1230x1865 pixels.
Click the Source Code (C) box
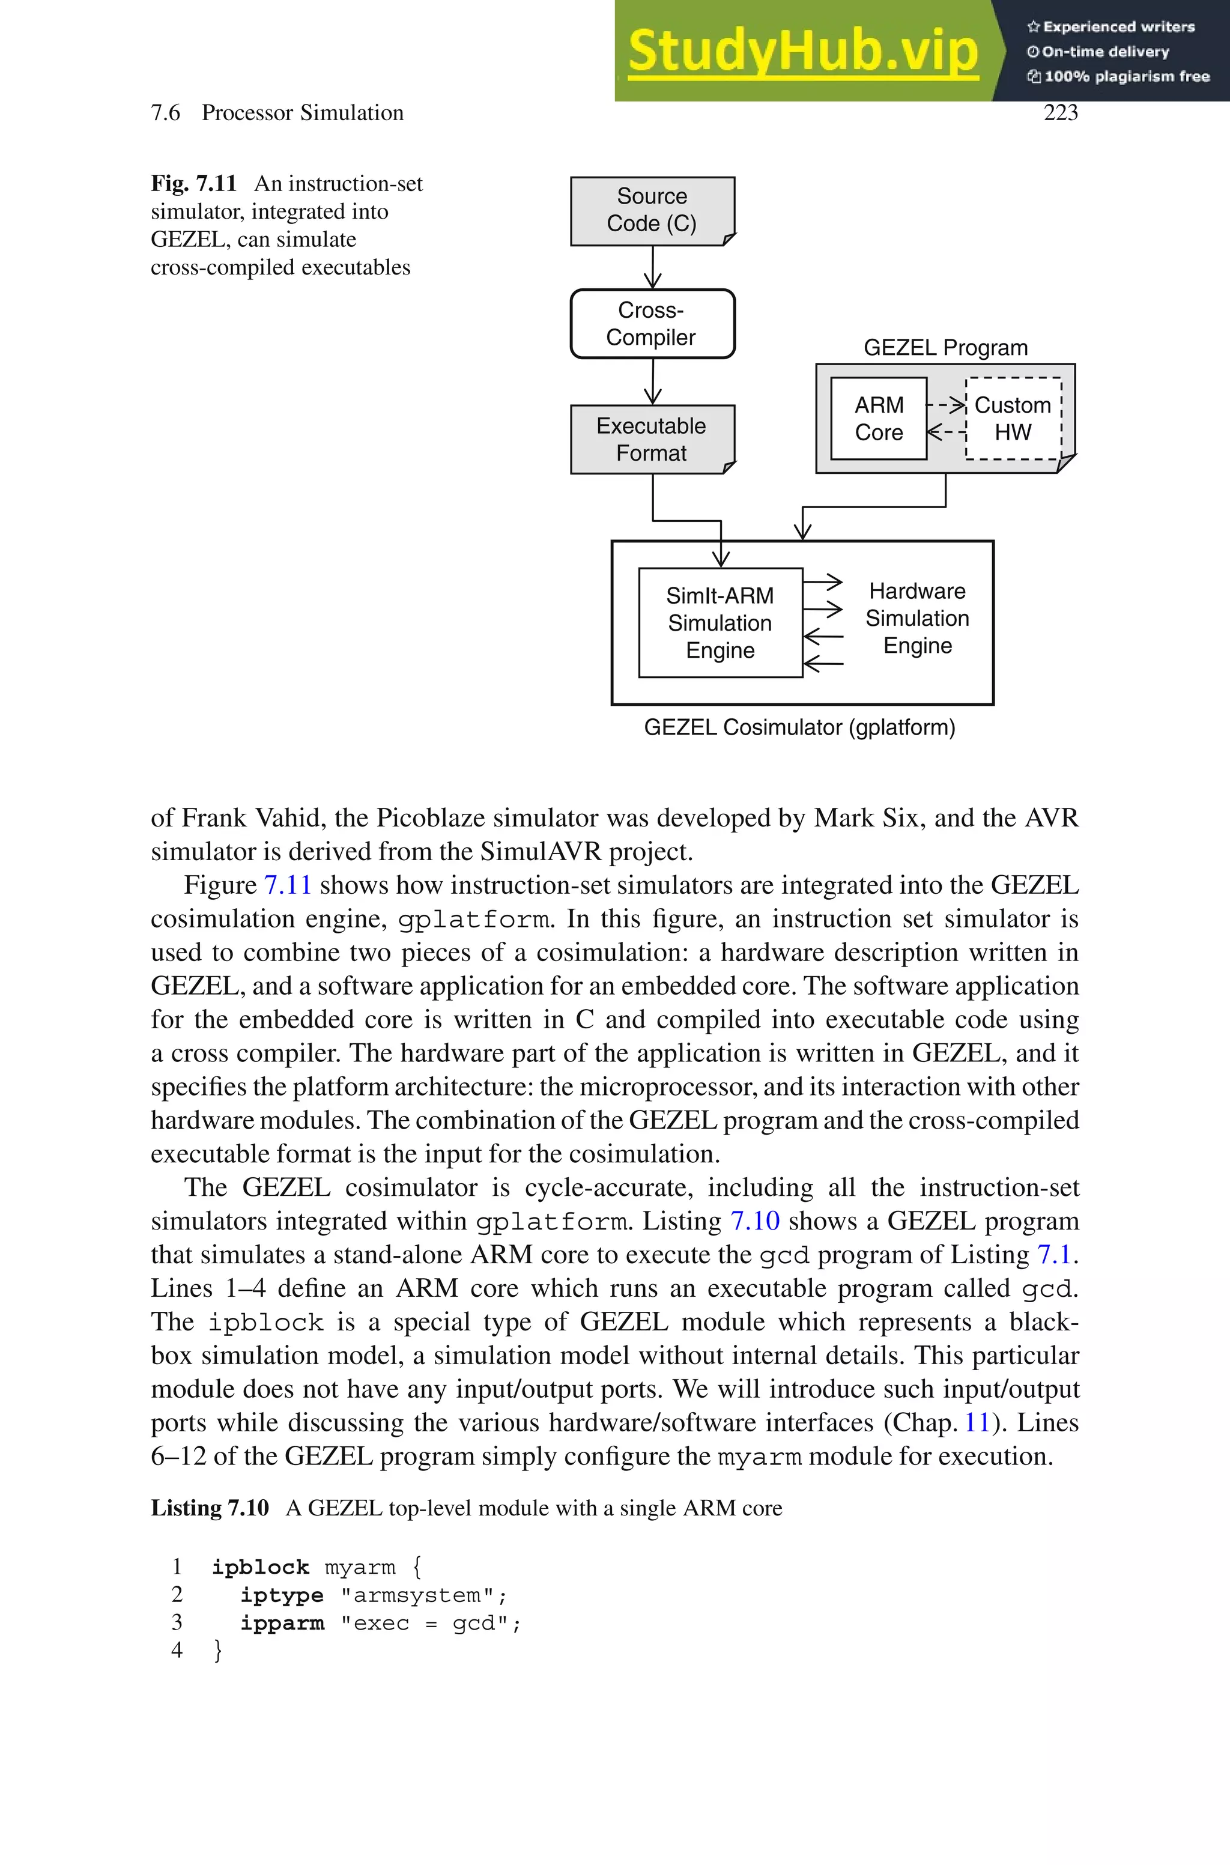tap(652, 210)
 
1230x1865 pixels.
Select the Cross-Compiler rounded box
tap(652, 324)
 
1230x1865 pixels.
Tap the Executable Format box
tap(652, 439)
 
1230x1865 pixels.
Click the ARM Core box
tap(879, 419)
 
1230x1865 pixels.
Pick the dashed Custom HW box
tap(1013, 419)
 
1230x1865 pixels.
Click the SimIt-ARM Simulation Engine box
tap(720, 623)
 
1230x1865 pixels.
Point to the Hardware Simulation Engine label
tap(917, 618)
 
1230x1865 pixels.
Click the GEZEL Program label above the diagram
tap(945, 347)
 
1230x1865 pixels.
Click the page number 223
tap(1061, 113)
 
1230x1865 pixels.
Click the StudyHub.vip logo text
tap(802, 51)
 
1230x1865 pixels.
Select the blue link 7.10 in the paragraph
tap(754, 1221)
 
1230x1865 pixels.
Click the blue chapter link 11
tap(977, 1423)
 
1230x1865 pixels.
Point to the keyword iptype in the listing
tap(282, 1595)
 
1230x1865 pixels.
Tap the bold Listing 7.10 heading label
tap(210, 1508)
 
